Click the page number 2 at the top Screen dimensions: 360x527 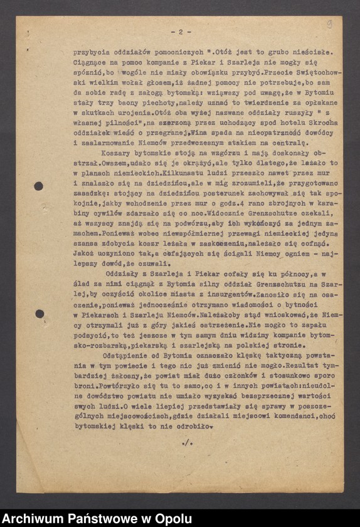click(180, 31)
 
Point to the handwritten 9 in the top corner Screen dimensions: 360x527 click(329, 24)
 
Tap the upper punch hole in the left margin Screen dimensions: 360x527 click(38, 186)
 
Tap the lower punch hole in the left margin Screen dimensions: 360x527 click(39, 314)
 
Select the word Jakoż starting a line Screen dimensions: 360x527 click(83, 246)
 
